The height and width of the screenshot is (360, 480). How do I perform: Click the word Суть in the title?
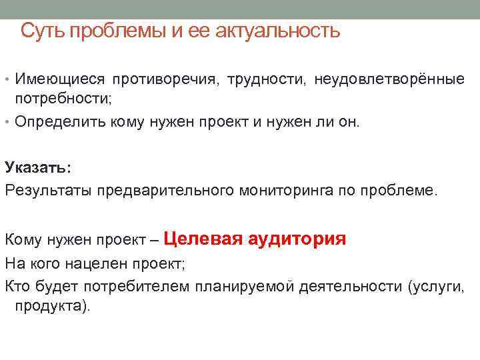43,31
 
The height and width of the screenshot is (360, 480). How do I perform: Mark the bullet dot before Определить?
7,123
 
